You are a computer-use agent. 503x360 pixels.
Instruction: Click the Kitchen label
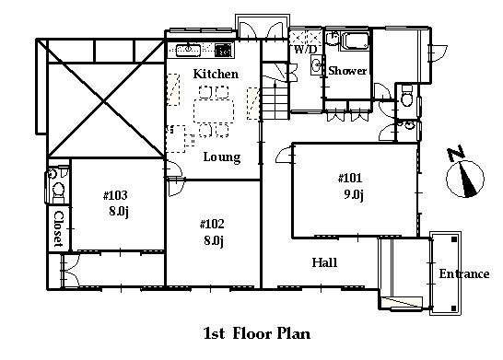216,74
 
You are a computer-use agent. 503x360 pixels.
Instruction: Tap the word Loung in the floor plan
222,157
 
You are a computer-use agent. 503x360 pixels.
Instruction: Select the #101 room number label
350,179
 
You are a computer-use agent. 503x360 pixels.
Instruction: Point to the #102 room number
212,224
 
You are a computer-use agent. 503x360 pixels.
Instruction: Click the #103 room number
115,195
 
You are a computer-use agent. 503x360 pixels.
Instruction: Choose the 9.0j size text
354,194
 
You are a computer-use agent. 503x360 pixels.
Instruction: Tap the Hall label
324,263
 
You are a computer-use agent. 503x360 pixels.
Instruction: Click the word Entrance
464,274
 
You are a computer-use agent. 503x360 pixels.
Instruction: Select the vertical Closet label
58,228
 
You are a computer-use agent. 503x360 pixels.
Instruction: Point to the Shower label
347,71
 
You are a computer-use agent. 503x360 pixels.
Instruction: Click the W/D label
305,50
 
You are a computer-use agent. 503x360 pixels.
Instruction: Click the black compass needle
467,180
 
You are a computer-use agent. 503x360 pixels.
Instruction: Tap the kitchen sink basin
188,51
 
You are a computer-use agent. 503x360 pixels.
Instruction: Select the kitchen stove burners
223,51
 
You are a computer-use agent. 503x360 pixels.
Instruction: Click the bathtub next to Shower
356,41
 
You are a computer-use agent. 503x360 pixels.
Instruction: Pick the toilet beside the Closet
58,192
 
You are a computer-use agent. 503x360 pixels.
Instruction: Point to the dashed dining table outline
214,110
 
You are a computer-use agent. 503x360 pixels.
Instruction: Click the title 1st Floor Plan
257,333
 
